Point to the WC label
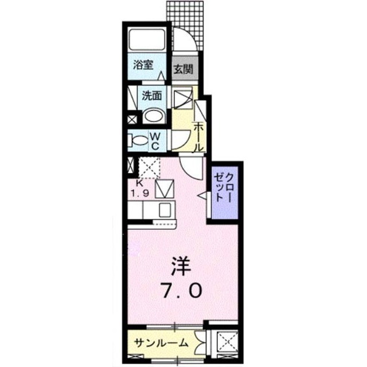click(154, 140)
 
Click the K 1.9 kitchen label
click(142, 189)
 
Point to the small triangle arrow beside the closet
click(202, 196)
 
